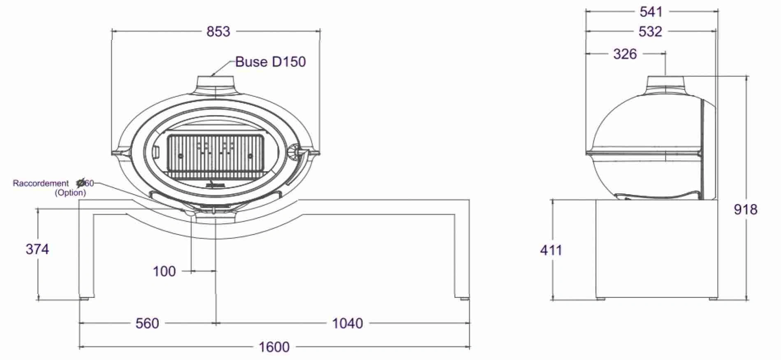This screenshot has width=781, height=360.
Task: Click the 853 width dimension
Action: [218, 32]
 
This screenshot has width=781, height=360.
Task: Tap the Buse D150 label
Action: [270, 62]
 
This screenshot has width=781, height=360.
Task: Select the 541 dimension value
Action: [651, 12]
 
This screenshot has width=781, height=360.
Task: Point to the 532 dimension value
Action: [650, 32]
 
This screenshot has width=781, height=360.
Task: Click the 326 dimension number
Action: [625, 54]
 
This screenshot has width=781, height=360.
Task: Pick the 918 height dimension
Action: [745, 210]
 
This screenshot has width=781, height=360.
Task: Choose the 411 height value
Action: [551, 250]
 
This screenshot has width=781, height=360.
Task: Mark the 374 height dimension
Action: [37, 249]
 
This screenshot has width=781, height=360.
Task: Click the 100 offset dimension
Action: [164, 272]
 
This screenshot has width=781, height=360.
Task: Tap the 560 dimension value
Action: [147, 324]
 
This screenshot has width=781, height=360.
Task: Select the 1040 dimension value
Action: [348, 324]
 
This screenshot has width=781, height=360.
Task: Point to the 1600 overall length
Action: [274, 347]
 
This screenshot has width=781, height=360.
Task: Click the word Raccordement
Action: [41, 183]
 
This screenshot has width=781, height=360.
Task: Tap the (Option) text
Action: [70, 193]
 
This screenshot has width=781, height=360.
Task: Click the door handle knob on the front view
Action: [294, 152]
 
